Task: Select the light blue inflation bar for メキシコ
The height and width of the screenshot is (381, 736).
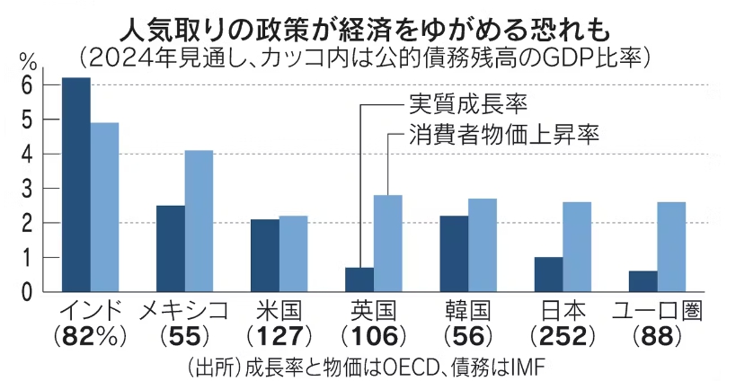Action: [x=199, y=221]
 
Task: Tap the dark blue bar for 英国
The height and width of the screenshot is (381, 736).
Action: [x=359, y=279]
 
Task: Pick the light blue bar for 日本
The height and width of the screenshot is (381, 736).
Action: [x=577, y=247]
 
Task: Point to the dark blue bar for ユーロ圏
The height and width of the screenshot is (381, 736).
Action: [x=643, y=281]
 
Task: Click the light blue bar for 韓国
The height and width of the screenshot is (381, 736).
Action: [x=483, y=245]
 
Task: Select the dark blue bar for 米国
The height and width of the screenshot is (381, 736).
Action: [x=264, y=255]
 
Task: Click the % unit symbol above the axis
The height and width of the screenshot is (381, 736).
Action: [x=28, y=60]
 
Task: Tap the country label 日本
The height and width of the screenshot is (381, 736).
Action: [x=563, y=311]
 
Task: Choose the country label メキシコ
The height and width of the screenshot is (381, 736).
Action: [x=183, y=311]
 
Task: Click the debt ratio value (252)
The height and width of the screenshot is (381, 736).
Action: [x=563, y=337]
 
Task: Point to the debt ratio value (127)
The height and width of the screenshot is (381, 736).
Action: [x=278, y=337]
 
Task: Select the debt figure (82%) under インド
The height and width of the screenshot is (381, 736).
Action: [x=90, y=337]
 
